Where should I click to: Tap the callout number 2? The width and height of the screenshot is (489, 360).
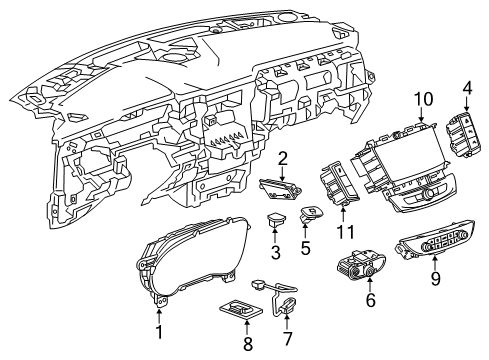coord(284,157)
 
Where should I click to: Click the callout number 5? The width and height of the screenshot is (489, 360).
coord(307,246)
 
